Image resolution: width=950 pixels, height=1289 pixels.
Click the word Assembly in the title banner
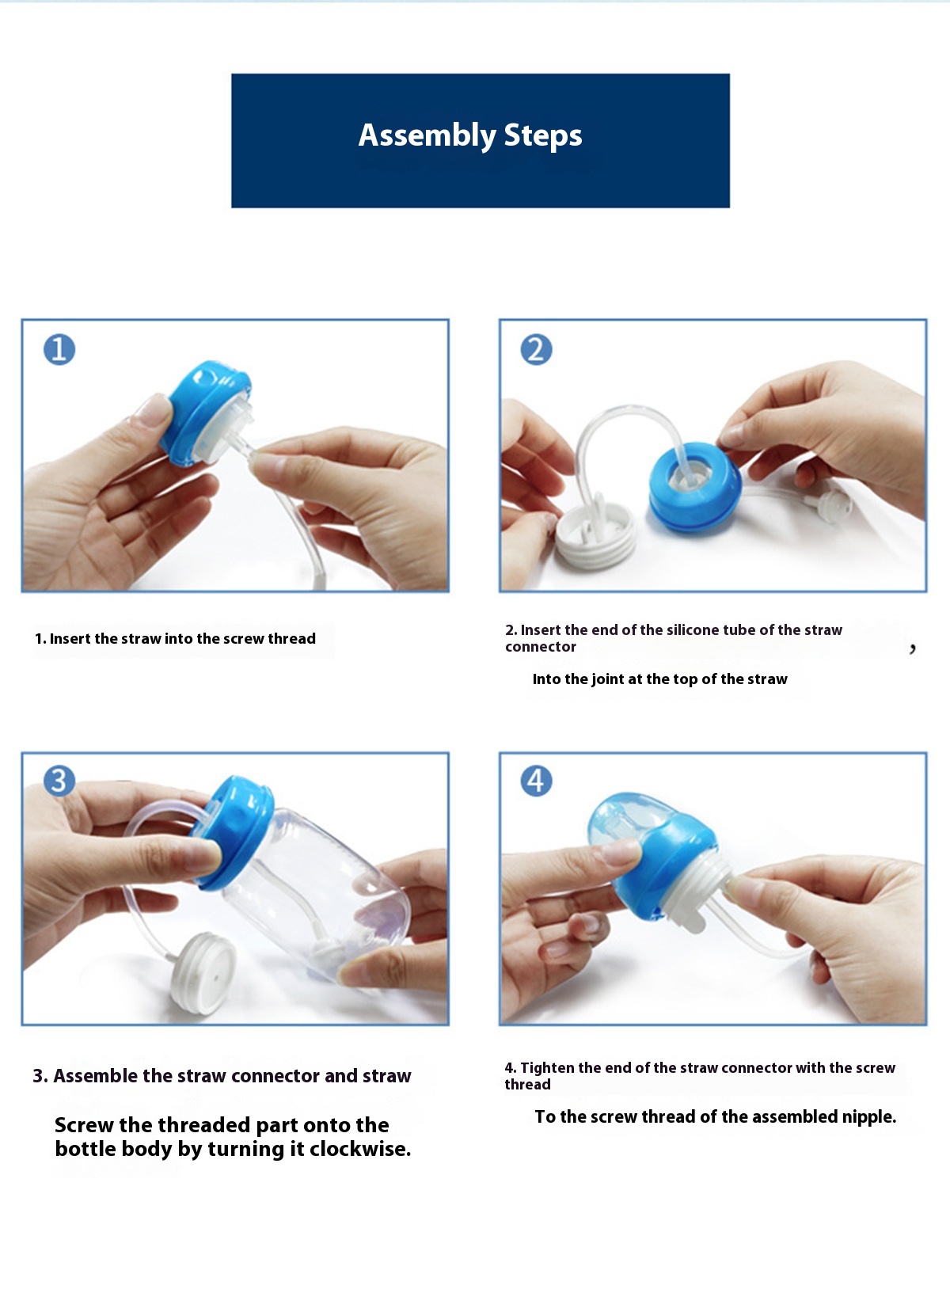click(x=427, y=136)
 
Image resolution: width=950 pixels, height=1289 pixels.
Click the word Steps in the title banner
click(x=543, y=136)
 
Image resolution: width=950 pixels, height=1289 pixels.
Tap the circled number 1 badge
click(x=59, y=349)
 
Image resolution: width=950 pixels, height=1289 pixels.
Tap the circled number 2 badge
click(x=536, y=349)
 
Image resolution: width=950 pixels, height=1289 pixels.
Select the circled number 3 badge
click(x=59, y=781)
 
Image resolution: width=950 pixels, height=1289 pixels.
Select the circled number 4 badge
click(x=536, y=781)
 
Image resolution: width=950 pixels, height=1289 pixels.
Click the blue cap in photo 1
click(x=204, y=412)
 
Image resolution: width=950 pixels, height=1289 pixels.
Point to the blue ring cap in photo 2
click(x=695, y=486)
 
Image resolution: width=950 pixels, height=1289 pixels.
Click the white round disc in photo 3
click(x=203, y=973)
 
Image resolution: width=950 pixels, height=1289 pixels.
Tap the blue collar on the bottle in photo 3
click(x=233, y=832)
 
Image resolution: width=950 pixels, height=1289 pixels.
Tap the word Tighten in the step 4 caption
click(x=547, y=1068)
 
